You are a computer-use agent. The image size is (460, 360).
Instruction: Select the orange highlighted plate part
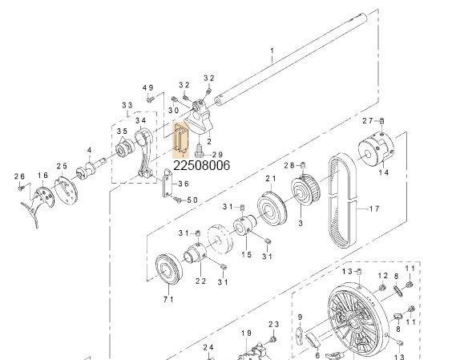click(180, 138)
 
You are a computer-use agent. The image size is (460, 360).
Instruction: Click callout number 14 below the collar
click(382, 172)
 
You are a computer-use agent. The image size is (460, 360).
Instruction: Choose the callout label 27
click(368, 120)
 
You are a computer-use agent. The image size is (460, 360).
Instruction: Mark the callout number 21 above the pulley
click(270, 178)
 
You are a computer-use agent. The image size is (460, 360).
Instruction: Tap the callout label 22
click(200, 281)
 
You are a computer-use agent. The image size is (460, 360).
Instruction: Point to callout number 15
click(247, 254)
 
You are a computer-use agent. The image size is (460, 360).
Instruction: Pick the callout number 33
click(127, 105)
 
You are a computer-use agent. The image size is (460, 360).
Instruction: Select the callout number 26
click(20, 176)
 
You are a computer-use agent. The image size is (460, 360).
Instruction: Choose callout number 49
click(147, 87)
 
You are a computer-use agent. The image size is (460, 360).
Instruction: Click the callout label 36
click(184, 184)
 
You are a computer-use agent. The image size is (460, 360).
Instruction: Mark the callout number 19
click(247, 332)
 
